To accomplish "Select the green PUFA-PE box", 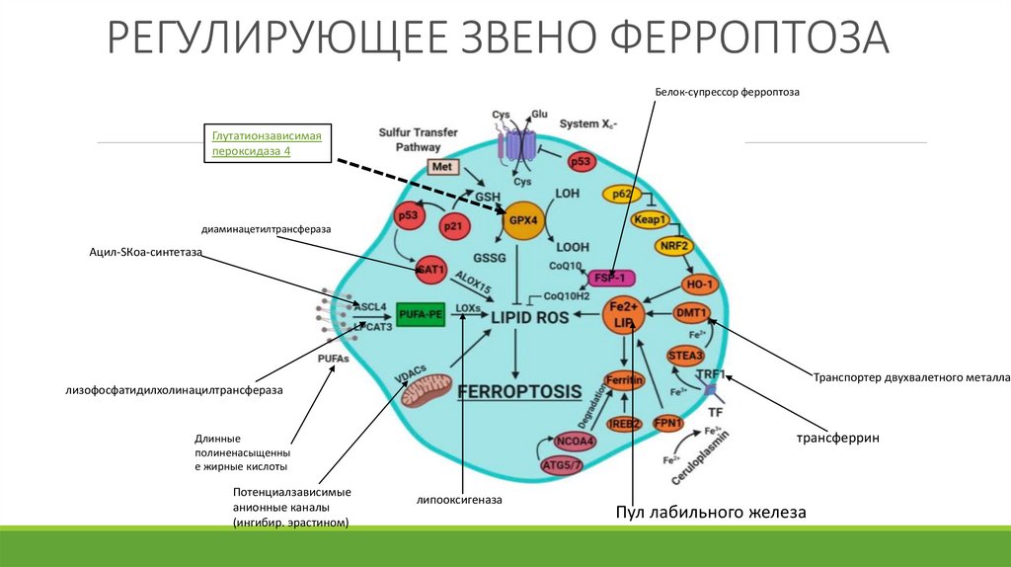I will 423,314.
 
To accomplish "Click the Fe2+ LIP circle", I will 624,315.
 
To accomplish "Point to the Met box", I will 440,167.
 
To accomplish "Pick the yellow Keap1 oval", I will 651,219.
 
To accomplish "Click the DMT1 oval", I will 691,314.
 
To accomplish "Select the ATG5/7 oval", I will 564,464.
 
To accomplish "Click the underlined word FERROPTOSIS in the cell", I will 519,390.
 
